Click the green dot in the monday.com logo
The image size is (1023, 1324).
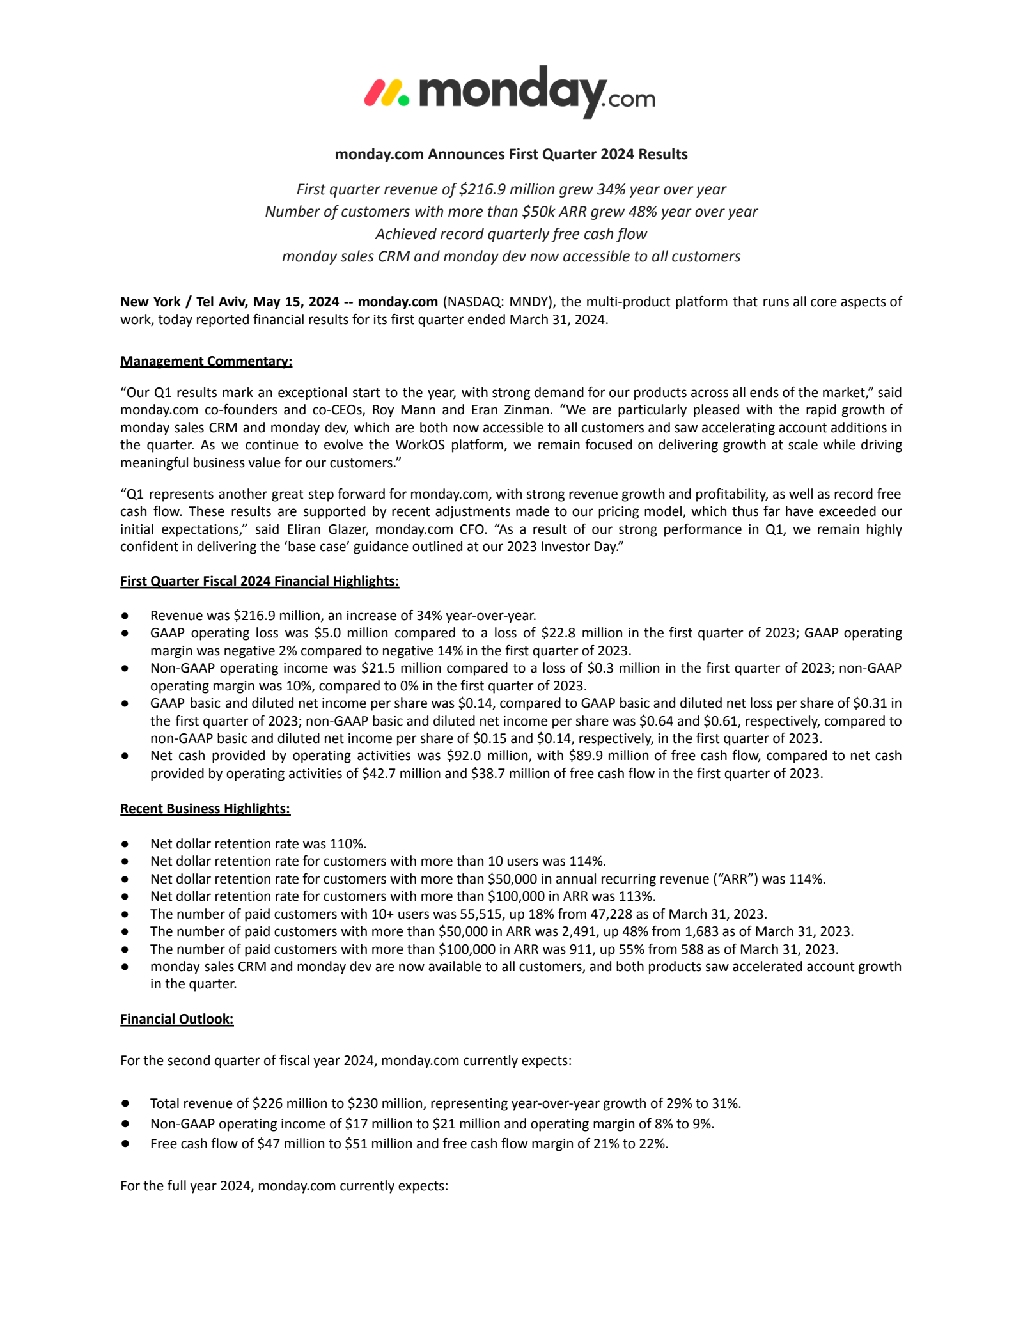point(403,100)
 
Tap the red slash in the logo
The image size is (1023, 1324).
point(373,93)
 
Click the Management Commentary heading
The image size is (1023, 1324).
point(206,361)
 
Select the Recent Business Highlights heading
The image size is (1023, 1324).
point(205,809)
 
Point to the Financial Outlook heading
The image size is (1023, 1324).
point(177,1019)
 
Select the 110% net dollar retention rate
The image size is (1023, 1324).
point(348,844)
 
